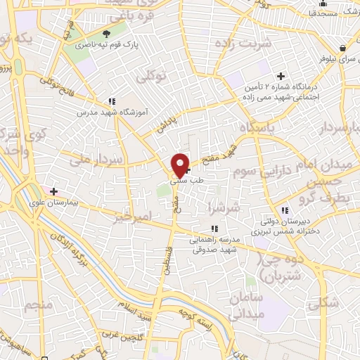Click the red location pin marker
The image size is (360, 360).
pyautogui.click(x=181, y=165)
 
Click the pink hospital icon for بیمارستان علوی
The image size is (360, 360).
pyautogui.click(x=53, y=191)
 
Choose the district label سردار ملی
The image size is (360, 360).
pyautogui.click(x=98, y=160)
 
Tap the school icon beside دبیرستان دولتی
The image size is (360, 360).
pyautogui.click(x=285, y=210)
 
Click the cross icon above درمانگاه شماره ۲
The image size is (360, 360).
pyautogui.click(x=281, y=76)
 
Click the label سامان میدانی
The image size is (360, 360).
pyautogui.click(x=245, y=305)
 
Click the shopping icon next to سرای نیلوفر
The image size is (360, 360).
pyautogui.click(x=342, y=48)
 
